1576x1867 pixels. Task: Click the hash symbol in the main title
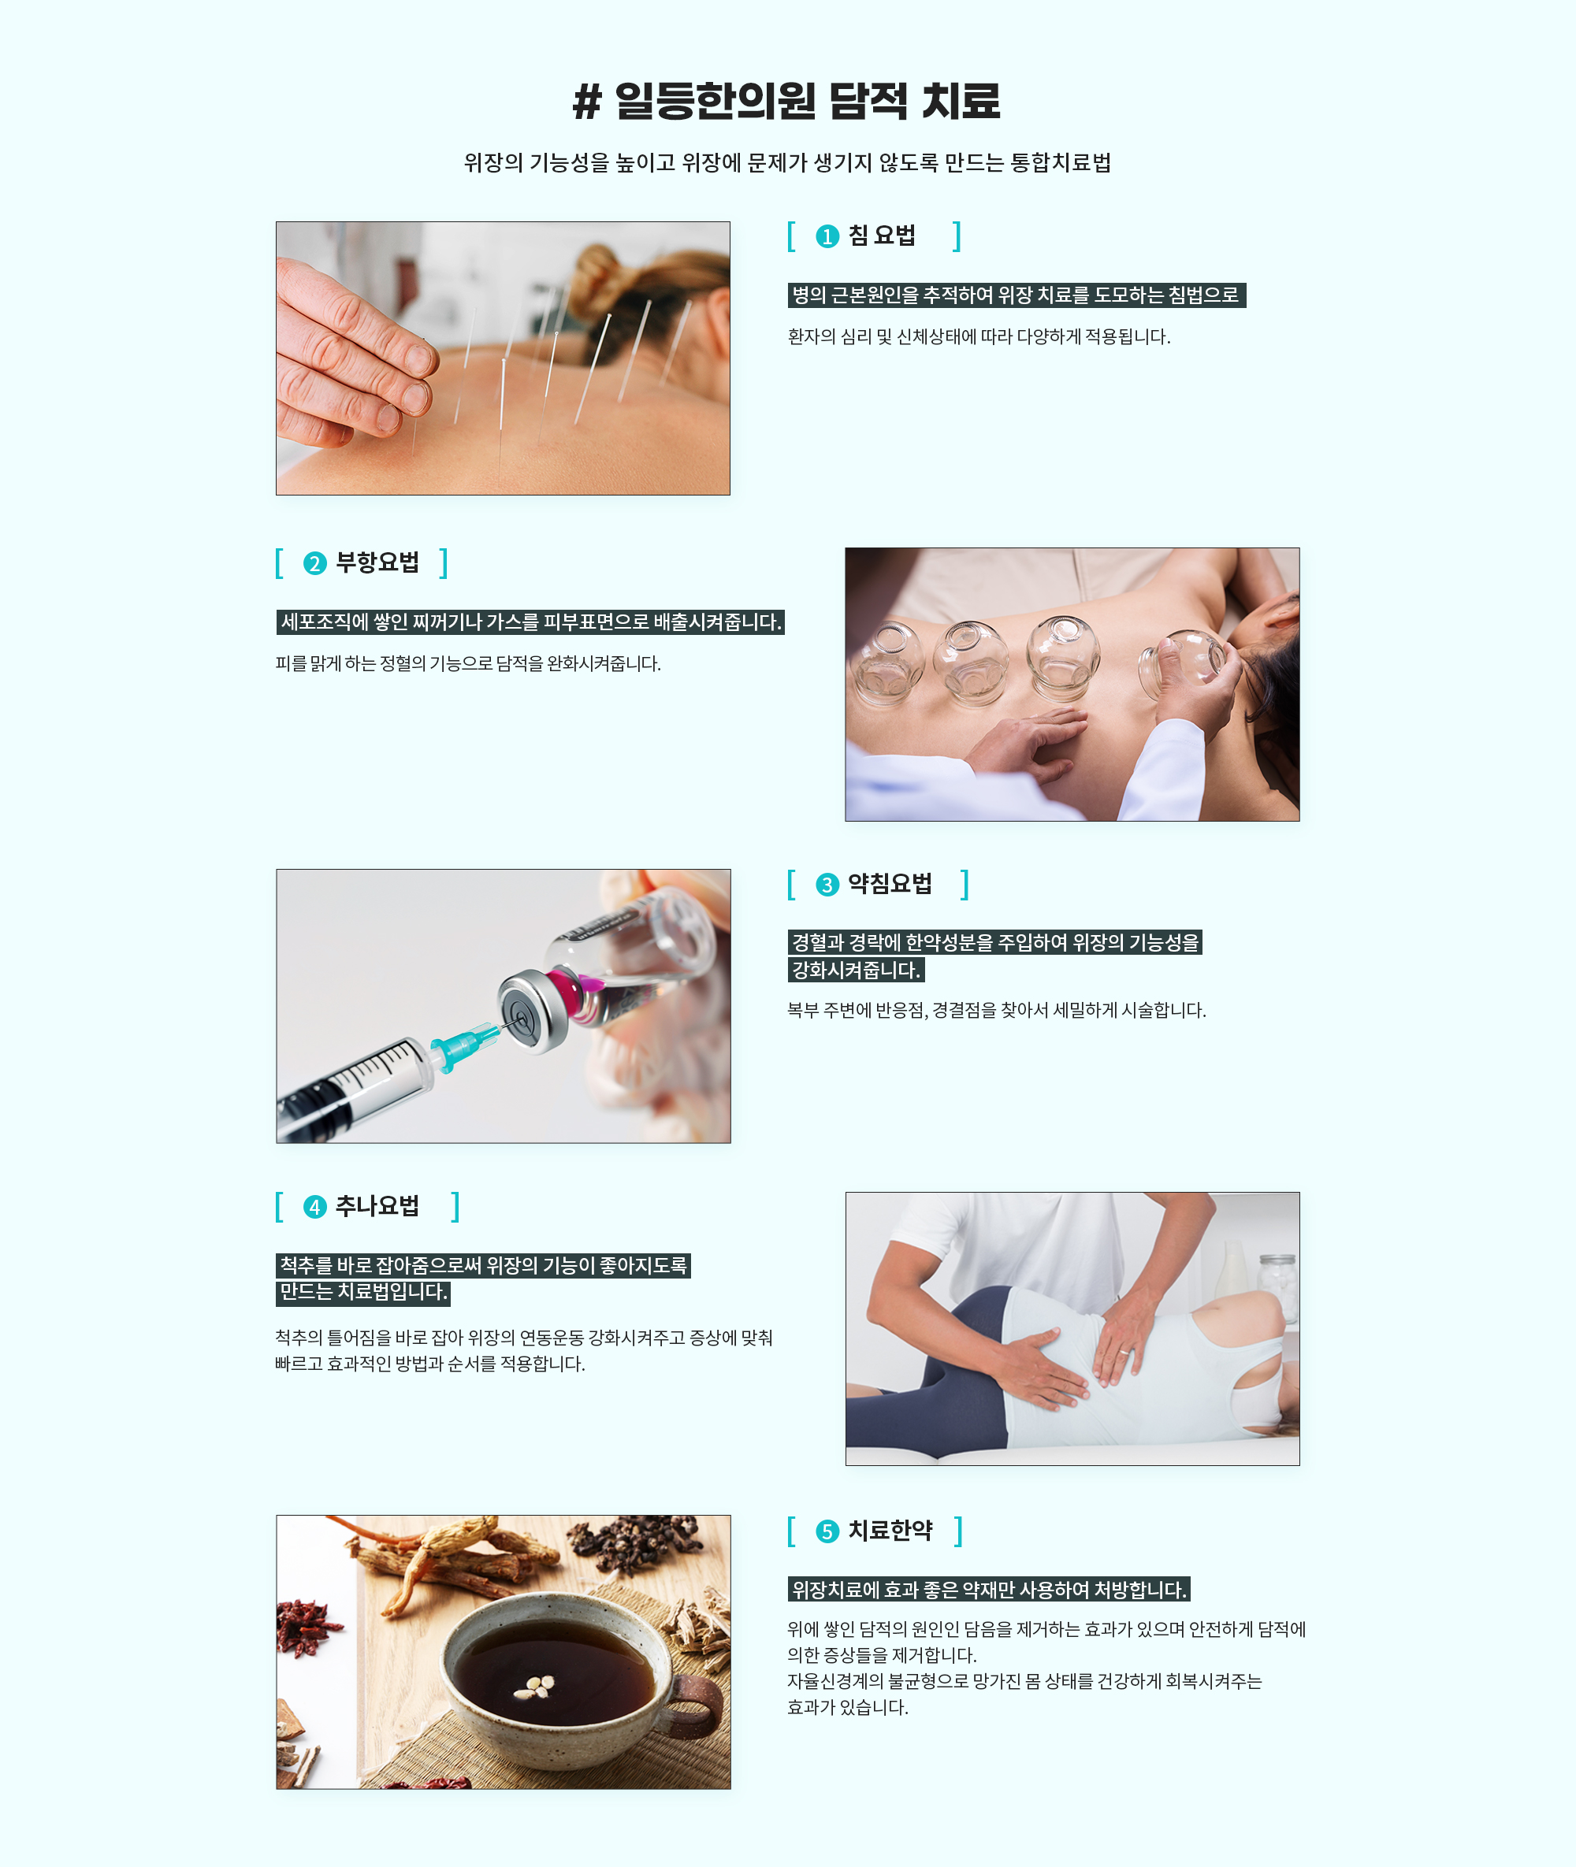click(x=587, y=101)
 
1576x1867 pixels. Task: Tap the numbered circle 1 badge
click(x=827, y=236)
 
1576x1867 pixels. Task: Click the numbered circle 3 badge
click(x=827, y=885)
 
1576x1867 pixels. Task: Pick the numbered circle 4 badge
click(x=314, y=1207)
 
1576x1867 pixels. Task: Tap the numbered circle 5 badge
click(x=827, y=1531)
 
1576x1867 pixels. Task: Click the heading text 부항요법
click(x=377, y=562)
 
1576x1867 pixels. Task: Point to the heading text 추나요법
click(x=377, y=1206)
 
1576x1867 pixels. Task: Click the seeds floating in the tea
click(x=533, y=1687)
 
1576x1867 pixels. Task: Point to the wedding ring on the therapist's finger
click(x=1123, y=1353)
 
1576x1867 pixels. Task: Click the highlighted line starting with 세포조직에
click(x=530, y=622)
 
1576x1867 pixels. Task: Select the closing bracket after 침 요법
click(x=957, y=236)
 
